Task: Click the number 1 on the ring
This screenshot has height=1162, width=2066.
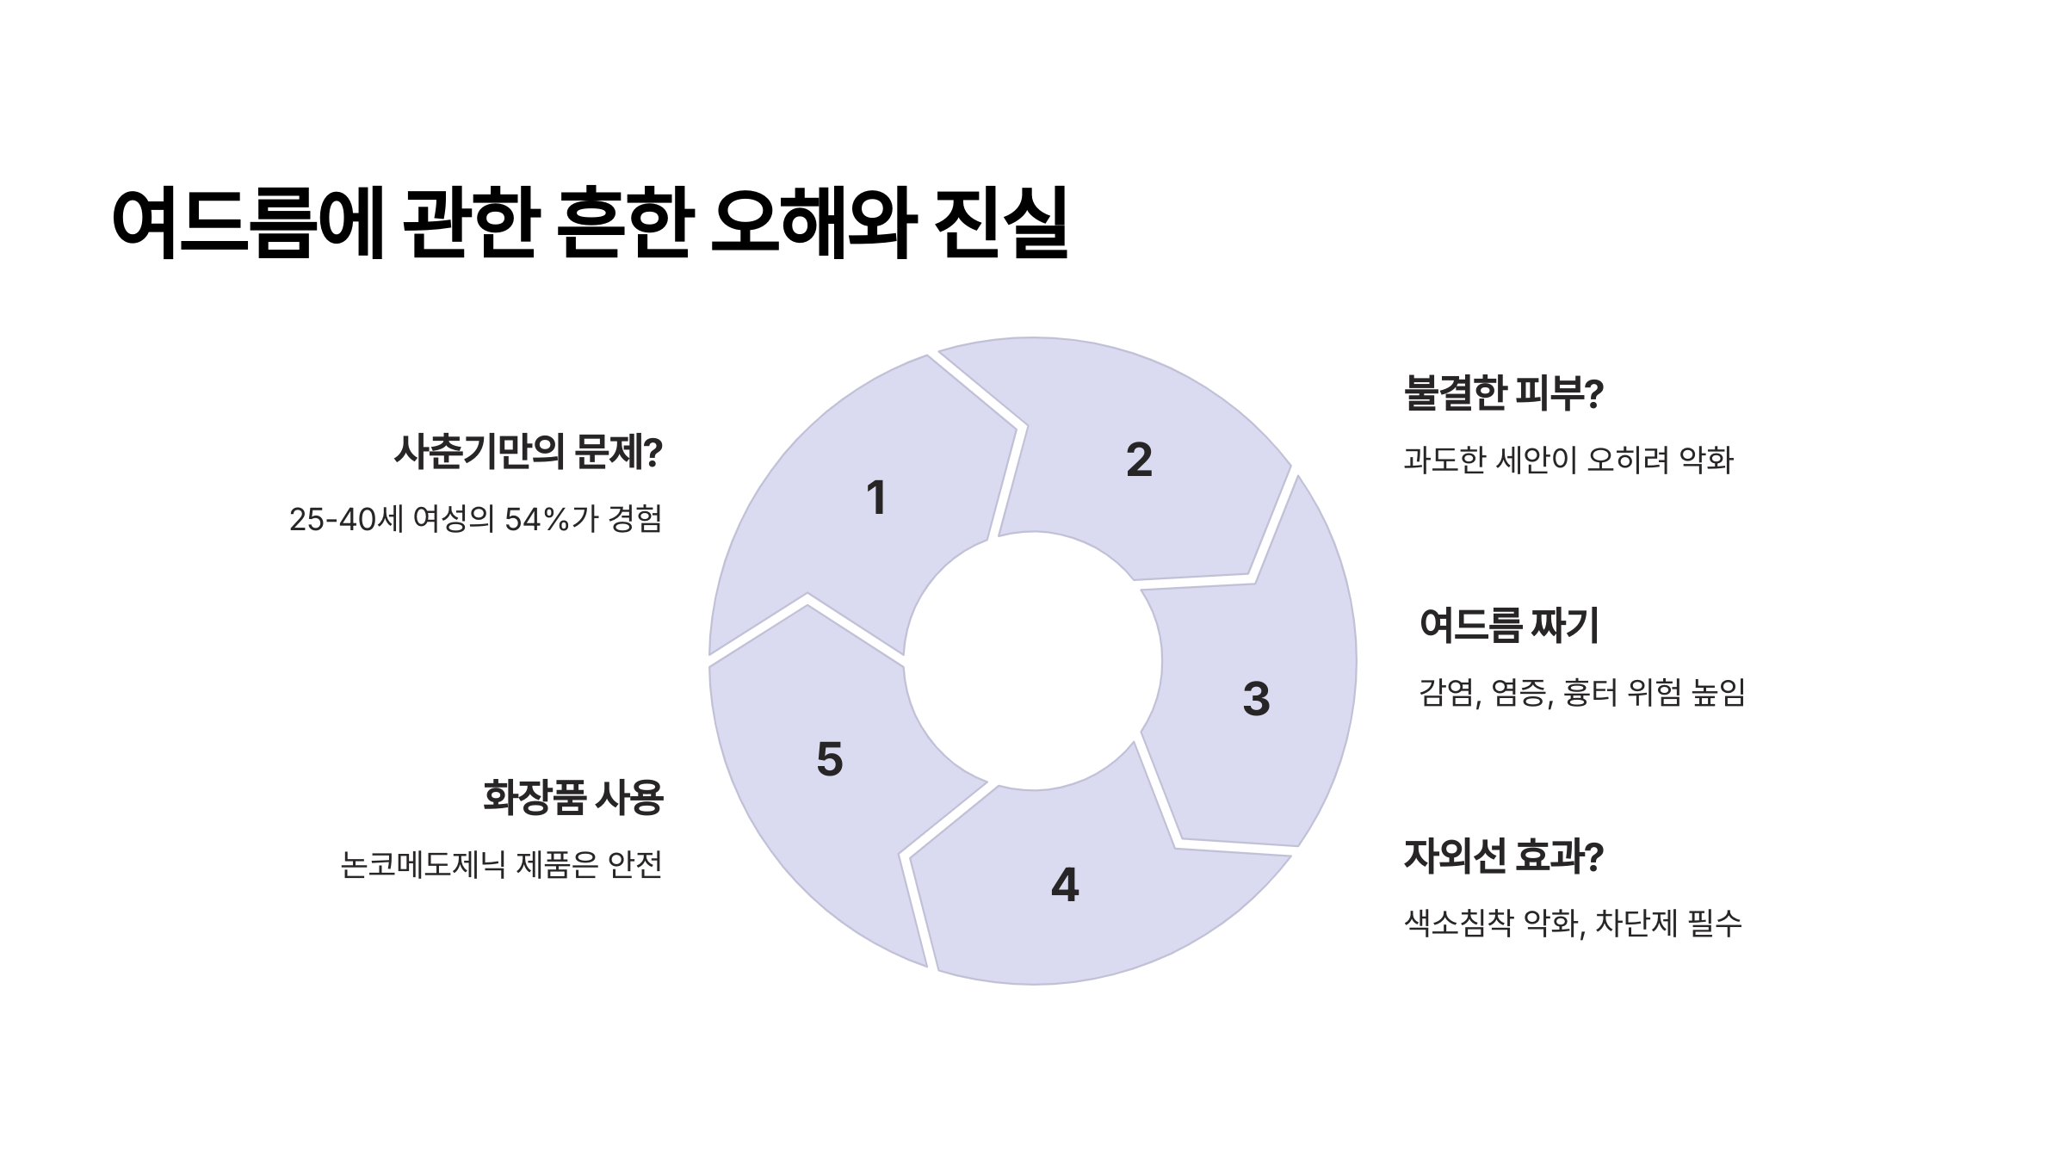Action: click(876, 498)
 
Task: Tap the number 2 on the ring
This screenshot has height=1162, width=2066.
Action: click(1139, 460)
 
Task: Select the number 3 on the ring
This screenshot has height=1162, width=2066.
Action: click(1256, 698)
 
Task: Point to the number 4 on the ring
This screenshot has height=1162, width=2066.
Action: click(1065, 885)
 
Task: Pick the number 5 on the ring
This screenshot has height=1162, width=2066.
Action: click(830, 759)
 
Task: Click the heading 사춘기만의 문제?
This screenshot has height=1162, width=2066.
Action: click(528, 453)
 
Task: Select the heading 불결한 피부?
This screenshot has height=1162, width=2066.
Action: click(1503, 393)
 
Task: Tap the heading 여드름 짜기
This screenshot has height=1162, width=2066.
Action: click(1509, 626)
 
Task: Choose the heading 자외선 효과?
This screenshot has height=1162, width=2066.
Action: click(1503, 856)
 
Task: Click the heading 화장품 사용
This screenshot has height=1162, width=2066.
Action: click(573, 797)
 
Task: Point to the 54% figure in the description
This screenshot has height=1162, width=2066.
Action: click(536, 519)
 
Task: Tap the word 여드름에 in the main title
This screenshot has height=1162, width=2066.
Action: click(248, 222)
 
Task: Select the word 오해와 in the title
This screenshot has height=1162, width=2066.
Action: click(813, 222)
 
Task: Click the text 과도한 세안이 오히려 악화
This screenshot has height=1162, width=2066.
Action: click(1568, 460)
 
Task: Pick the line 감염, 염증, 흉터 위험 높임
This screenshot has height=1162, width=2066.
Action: click(1581, 692)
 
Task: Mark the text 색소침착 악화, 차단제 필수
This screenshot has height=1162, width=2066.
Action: click(1573, 924)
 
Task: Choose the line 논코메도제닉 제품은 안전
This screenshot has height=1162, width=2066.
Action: click(502, 864)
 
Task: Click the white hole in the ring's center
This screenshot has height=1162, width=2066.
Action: click(1033, 661)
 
